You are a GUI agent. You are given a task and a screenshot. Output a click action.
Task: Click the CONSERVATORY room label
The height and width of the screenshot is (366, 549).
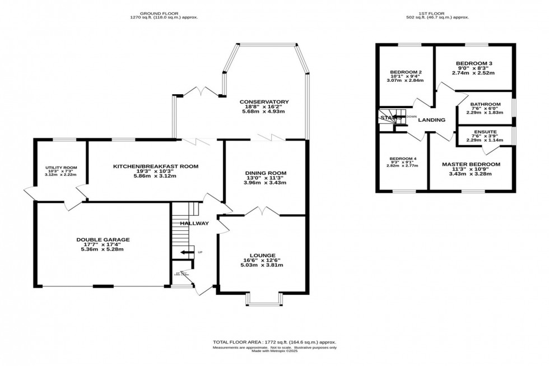263,101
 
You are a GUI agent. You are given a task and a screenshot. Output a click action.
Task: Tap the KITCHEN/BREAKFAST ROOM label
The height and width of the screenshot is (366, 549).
156,166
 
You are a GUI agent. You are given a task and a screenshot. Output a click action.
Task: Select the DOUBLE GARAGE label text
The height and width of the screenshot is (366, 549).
103,239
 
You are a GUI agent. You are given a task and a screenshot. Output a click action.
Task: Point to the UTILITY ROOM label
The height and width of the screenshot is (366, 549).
61,167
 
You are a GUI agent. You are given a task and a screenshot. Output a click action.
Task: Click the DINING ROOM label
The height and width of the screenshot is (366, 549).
265,173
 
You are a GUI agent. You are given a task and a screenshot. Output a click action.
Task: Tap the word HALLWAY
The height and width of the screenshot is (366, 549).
194,224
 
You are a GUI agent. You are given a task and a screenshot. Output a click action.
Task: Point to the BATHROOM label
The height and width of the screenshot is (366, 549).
485,104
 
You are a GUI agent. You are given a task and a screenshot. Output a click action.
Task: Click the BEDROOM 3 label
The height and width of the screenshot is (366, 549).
474,63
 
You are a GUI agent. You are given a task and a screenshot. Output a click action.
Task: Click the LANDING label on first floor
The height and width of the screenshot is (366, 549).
431,120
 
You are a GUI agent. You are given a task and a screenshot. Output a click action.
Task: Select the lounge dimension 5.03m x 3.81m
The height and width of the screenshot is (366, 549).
263,265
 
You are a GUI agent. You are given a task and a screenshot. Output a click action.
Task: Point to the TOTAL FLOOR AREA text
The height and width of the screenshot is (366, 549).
274,342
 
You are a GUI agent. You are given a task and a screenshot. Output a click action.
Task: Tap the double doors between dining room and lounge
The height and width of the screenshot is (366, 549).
263,212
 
